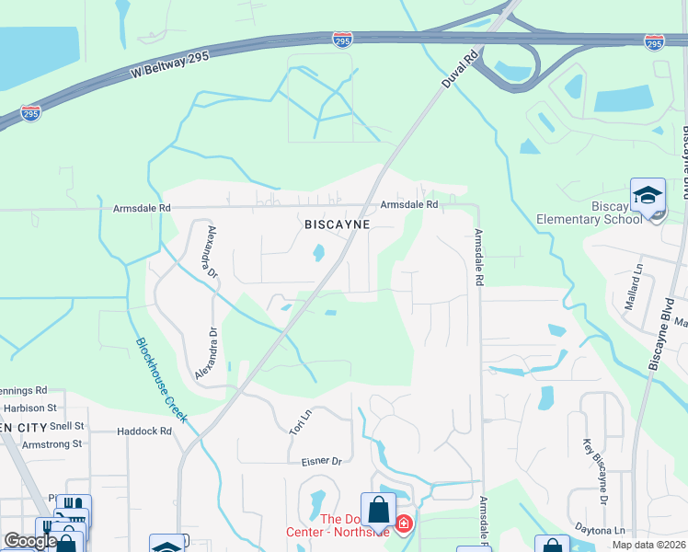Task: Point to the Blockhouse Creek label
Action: point(162,379)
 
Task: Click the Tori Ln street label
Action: point(299,422)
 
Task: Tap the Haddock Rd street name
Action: point(145,431)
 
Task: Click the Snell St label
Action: point(67,426)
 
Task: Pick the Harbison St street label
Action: point(30,408)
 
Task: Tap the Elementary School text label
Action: point(589,219)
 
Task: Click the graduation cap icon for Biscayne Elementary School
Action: point(648,195)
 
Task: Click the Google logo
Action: point(30,541)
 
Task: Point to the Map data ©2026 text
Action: point(648,545)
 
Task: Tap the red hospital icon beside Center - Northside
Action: point(403,524)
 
